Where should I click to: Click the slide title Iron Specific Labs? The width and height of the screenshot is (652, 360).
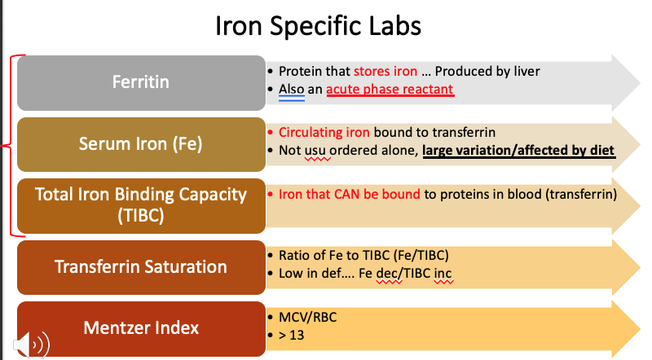coord(318,26)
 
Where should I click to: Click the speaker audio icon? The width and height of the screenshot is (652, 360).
coord(29,343)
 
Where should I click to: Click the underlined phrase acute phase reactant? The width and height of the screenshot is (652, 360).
coord(390,90)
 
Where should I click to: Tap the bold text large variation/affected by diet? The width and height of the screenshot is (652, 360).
coord(518,151)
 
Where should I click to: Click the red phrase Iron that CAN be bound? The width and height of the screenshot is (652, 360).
coord(350,195)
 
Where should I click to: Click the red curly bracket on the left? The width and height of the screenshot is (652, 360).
coord(11,145)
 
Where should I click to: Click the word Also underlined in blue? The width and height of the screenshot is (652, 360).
coord(292,90)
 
